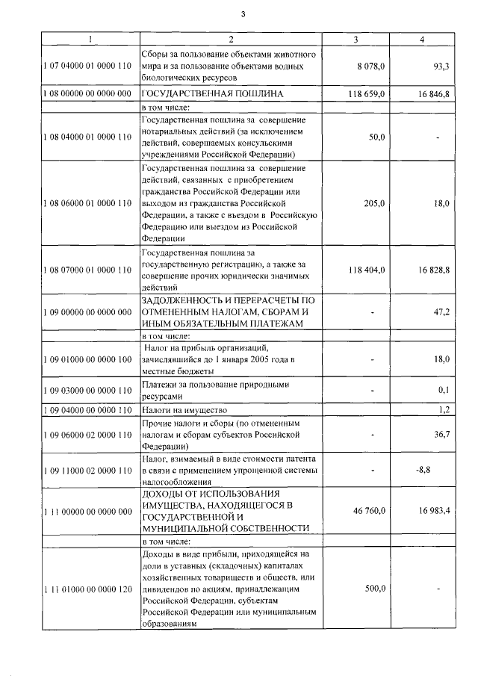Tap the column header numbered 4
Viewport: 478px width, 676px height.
(424, 39)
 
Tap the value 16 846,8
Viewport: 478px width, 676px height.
(433, 95)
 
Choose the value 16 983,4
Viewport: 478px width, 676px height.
(433, 511)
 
